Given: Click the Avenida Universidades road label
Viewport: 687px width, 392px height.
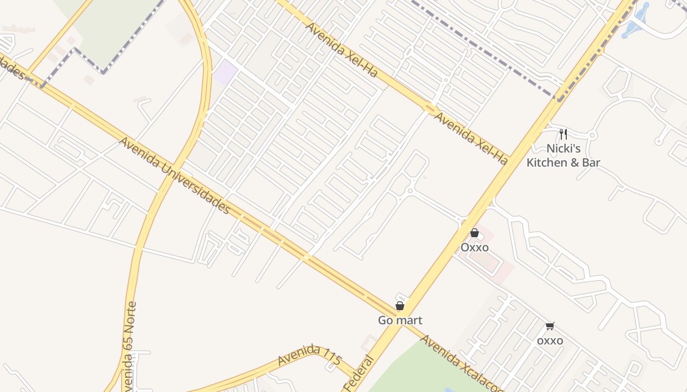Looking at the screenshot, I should pos(175,175).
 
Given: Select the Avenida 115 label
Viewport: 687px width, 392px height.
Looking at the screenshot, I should pos(309,356).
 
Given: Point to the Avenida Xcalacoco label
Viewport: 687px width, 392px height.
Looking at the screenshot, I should pos(461,363).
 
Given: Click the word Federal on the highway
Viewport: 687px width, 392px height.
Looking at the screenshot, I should pos(359,375).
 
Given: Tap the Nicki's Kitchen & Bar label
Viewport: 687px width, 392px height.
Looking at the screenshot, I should pos(563,155).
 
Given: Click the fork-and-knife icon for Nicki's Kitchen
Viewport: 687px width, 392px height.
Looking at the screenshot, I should pos(563,134).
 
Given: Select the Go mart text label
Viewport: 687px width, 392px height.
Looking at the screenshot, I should pos(400,320).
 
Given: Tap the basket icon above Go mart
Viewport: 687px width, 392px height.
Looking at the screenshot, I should pos(400,306).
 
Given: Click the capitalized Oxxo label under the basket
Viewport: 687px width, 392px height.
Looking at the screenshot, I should pos(475,247).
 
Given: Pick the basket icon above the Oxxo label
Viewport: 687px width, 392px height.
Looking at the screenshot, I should pos(475,233).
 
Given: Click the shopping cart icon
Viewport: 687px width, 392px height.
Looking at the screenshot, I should pos(550,326).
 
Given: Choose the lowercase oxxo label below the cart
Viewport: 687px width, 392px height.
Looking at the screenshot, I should pos(550,341).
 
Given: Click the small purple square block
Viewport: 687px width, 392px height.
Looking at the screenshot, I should pos(225,73).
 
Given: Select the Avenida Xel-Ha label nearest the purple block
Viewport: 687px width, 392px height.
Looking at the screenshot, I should pos(342,49).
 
